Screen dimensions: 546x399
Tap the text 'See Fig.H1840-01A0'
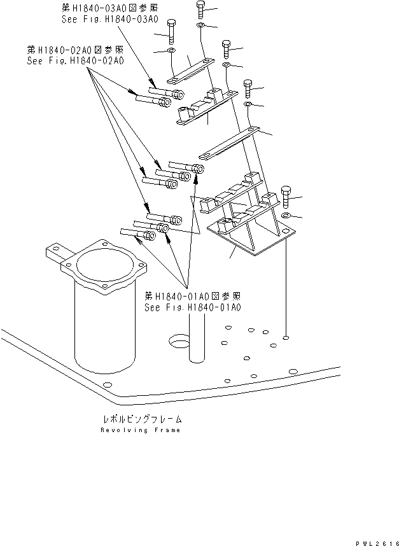(x=192, y=307)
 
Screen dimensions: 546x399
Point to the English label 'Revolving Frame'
(x=140, y=430)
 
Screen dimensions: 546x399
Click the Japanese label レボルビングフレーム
(x=140, y=419)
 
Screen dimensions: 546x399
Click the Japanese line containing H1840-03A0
(x=109, y=8)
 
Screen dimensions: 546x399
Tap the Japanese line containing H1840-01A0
(x=192, y=296)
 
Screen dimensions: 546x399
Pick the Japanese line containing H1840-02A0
(x=75, y=50)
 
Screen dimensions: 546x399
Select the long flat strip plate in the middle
(x=229, y=146)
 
